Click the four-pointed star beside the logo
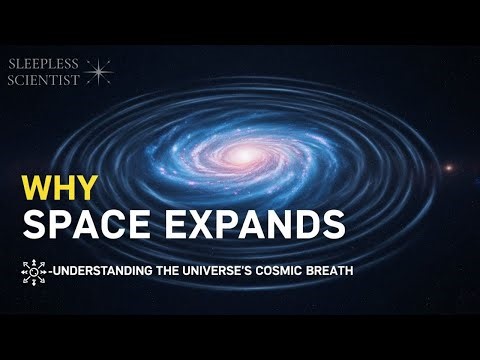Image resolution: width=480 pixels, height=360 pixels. (x=98, y=71)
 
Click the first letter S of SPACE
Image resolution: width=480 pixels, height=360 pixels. (x=35, y=224)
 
